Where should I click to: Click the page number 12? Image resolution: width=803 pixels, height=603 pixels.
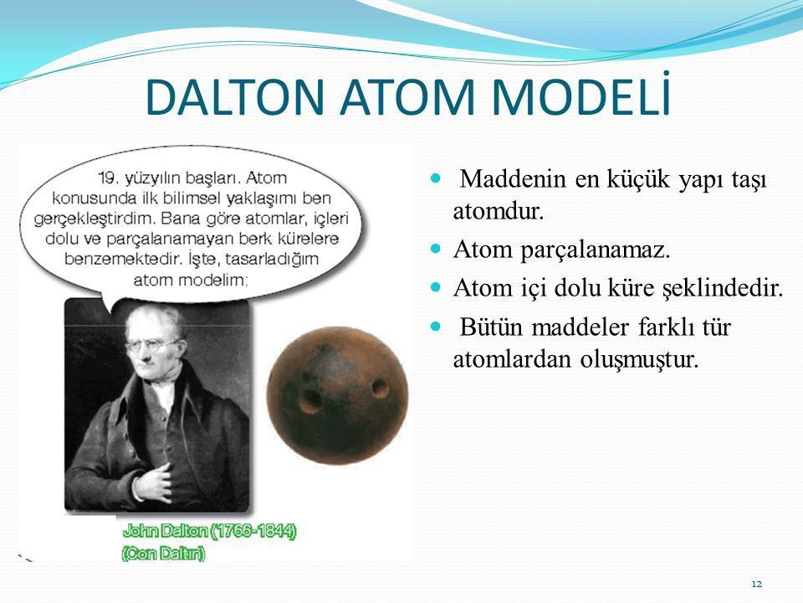(757, 584)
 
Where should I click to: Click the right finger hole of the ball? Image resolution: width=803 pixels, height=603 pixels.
(380, 387)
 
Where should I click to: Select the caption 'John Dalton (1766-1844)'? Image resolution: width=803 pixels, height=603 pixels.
(209, 530)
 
